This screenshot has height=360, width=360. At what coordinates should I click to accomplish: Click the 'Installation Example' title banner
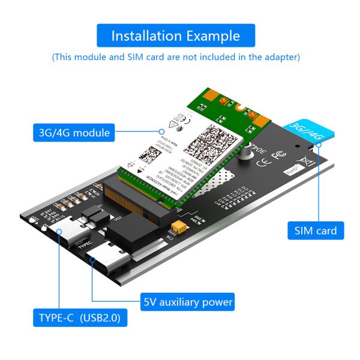[176, 35]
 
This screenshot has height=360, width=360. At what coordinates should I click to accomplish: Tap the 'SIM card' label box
[316, 230]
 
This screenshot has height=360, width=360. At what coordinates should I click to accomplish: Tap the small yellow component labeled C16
[177, 227]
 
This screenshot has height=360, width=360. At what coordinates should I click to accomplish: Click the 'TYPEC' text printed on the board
[85, 244]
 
